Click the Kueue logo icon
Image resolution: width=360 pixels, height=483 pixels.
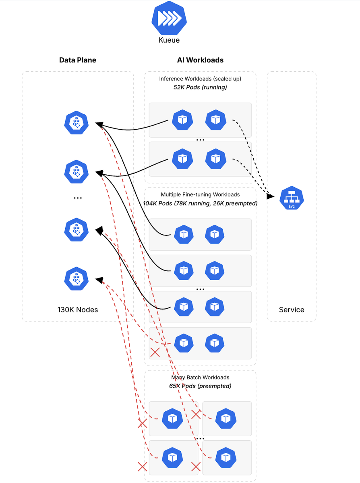(169, 18)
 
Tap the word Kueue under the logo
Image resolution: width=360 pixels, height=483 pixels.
(169, 40)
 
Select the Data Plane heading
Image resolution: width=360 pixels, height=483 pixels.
(78, 60)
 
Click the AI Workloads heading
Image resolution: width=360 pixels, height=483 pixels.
(200, 60)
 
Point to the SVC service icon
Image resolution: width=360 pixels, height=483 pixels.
(292, 198)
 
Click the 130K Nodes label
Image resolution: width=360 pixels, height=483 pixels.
(78, 310)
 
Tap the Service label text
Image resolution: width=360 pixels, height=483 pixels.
(292, 310)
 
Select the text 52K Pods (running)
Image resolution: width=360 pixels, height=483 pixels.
(200, 87)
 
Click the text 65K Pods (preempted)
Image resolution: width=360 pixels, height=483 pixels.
(200, 386)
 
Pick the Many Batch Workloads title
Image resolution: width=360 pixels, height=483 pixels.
(200, 378)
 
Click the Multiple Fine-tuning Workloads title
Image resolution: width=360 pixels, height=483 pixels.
(200, 195)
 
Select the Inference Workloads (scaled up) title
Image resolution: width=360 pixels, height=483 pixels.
(200, 79)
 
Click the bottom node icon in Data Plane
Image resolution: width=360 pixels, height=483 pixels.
(76, 279)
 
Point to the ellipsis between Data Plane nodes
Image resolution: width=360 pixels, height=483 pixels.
(78, 198)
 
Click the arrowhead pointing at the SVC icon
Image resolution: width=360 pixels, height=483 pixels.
(271, 197)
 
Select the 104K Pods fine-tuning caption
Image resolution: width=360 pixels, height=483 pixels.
(200, 203)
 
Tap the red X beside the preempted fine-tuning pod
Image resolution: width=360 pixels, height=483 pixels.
(155, 353)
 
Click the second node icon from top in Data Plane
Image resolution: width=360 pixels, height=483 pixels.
(76, 171)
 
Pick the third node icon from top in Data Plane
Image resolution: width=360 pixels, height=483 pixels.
(76, 229)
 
